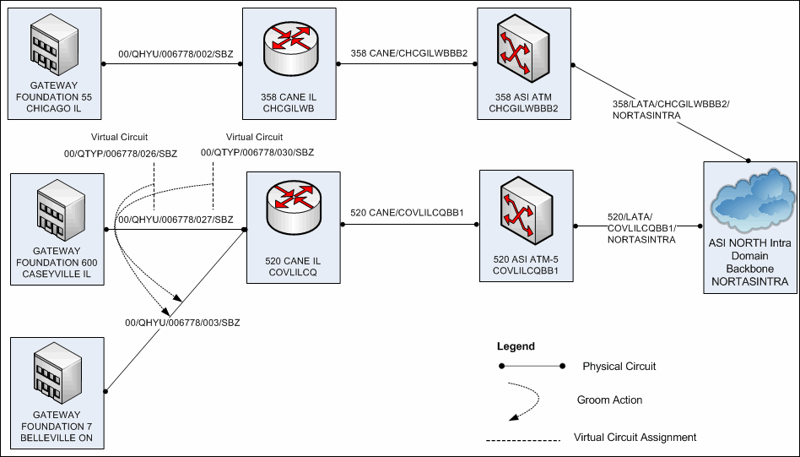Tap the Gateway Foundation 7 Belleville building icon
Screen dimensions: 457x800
(x=56, y=378)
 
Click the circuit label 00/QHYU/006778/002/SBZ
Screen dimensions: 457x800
(x=176, y=55)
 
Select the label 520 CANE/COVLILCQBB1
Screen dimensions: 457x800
(x=407, y=215)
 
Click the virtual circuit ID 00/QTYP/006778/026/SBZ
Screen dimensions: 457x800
(x=121, y=153)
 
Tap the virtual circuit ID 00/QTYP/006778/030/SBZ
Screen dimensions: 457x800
(x=257, y=152)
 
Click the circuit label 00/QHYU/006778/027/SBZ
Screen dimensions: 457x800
(x=176, y=220)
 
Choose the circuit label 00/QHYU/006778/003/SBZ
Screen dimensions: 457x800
(x=182, y=324)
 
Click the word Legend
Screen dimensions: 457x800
(x=516, y=346)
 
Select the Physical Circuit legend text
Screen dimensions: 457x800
(x=619, y=367)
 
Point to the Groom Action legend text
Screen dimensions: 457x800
(x=609, y=400)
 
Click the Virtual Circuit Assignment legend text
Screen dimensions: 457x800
(x=635, y=438)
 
